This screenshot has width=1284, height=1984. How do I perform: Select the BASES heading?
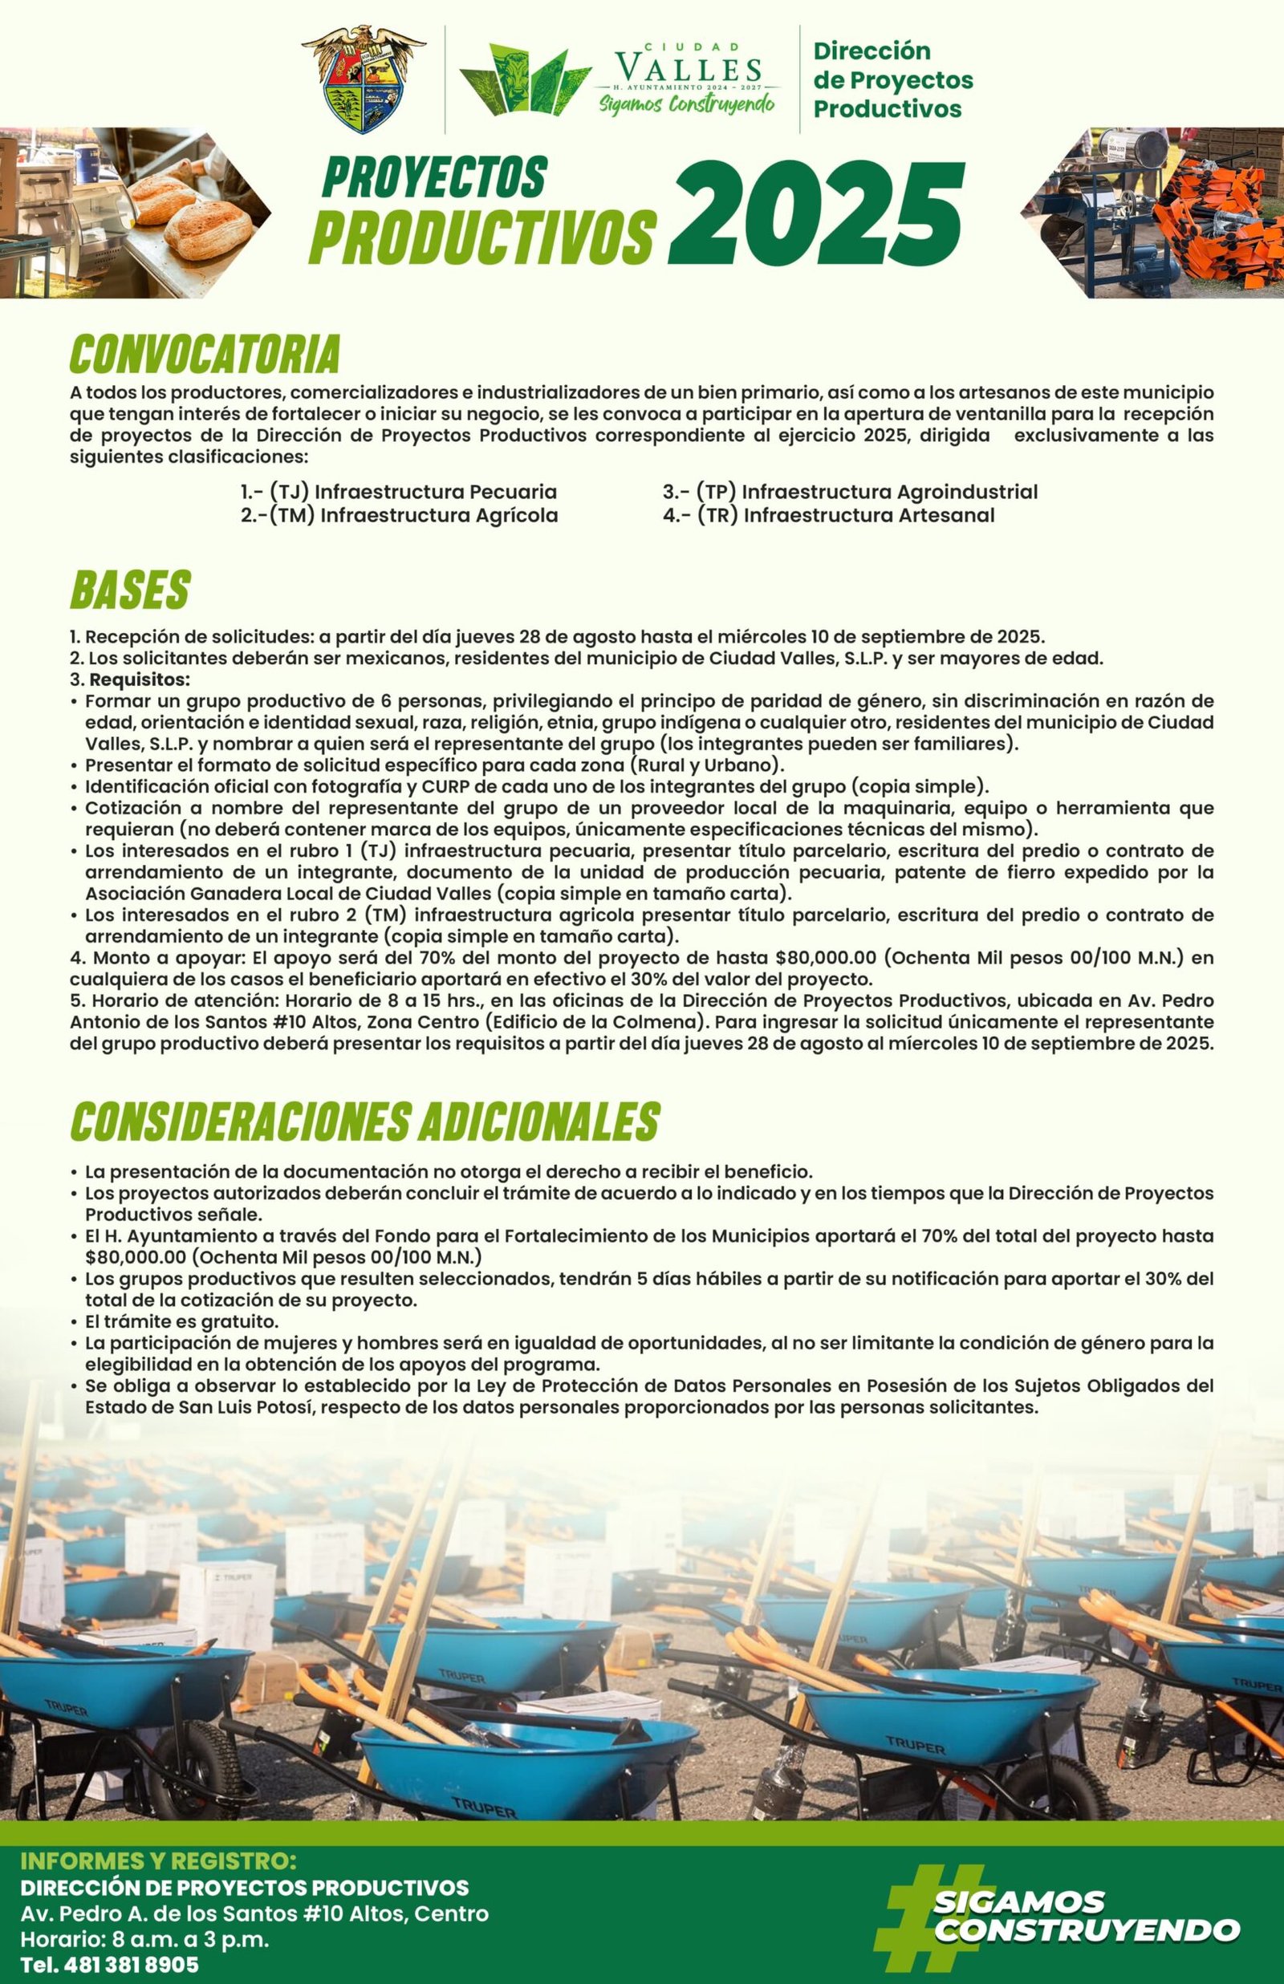[130, 590]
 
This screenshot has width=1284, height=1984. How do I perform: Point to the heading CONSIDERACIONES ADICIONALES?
[365, 1122]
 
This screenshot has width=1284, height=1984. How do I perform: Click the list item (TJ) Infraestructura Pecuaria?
[399, 492]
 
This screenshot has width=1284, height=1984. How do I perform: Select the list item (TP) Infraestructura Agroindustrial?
[851, 492]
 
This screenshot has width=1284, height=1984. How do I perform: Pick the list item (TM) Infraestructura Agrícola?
[400, 515]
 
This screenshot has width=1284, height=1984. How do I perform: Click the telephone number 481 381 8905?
[110, 1959]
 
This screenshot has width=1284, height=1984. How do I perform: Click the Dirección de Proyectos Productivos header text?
[892, 80]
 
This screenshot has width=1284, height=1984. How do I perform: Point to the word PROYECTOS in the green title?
[433, 177]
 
